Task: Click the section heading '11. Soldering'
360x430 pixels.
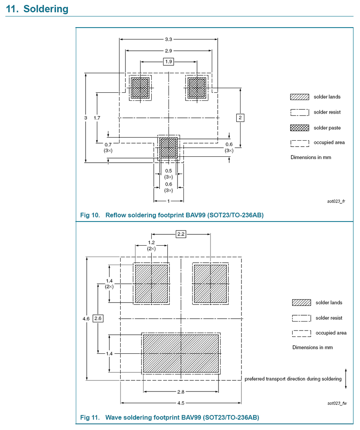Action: coord(37,9)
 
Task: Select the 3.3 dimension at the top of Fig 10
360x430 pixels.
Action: coord(168,39)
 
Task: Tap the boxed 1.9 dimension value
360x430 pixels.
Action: coord(168,61)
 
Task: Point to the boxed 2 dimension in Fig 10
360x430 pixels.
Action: coord(240,118)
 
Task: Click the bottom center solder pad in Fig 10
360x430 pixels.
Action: coord(169,147)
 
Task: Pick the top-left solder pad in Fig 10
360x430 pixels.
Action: coord(140,88)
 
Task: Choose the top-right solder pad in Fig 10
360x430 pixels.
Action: coord(197,88)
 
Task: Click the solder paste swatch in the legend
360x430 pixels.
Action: coord(299,128)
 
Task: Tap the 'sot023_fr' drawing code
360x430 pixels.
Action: coord(336,201)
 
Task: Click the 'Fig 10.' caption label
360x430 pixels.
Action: coord(90,215)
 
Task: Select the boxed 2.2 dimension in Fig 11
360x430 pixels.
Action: coord(181,234)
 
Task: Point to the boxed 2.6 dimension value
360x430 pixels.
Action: coord(98,319)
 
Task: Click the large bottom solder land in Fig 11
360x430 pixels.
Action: coord(181,353)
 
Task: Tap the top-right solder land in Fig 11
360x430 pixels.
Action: coord(210,283)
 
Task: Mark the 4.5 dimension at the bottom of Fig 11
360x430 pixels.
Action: coord(181,403)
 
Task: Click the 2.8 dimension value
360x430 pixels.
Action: coord(181,391)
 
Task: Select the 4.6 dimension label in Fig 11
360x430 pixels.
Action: coord(86,319)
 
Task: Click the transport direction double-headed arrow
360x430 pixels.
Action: coord(346,379)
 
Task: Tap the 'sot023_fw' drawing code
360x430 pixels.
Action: coord(337,403)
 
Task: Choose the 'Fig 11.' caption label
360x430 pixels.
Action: coord(90,417)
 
